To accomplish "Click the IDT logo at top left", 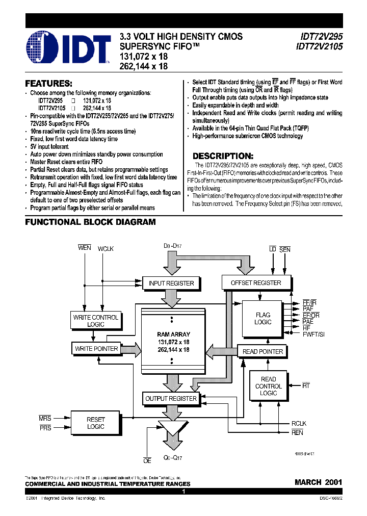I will (68, 47).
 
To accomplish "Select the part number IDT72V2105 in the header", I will (315, 46).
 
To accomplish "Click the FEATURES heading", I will (49, 84).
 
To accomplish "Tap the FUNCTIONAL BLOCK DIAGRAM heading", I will (90, 222).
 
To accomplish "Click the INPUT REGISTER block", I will (171, 283).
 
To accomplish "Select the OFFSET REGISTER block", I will (256, 282).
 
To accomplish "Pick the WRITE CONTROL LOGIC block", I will (95, 321).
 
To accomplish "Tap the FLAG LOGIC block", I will (263, 319).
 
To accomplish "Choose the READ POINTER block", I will (263, 351).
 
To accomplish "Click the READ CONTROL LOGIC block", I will (268, 386).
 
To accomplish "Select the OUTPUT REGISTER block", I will (171, 399).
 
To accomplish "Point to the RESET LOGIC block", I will (95, 423).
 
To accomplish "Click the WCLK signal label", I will (106, 248).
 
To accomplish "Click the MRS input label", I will (45, 418).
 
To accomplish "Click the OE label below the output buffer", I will (147, 461).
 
